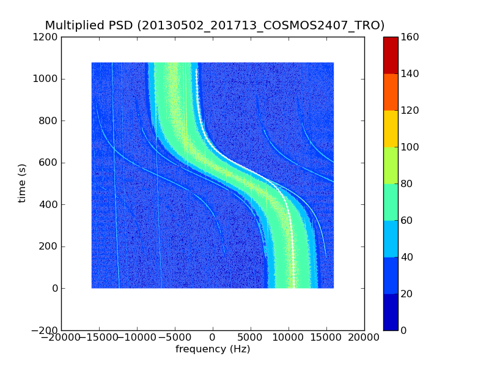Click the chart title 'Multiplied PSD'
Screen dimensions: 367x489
pos(89,26)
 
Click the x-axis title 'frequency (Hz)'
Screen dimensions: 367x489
pos(213,349)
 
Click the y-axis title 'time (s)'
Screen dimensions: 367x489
pos(23,183)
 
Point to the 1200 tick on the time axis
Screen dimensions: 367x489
pos(46,37)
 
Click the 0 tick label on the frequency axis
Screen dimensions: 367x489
pos(213,337)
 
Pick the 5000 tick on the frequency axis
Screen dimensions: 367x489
pos(251,337)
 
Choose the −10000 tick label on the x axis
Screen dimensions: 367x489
pos(137,337)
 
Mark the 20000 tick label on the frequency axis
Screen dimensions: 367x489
pos(364,337)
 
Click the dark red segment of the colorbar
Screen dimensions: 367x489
pos(391,55)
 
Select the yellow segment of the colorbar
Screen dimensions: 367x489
pos(391,128)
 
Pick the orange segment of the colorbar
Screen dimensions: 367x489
pos(391,92)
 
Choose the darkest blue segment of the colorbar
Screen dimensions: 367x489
pos(391,312)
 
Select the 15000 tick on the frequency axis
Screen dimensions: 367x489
pos(326,337)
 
